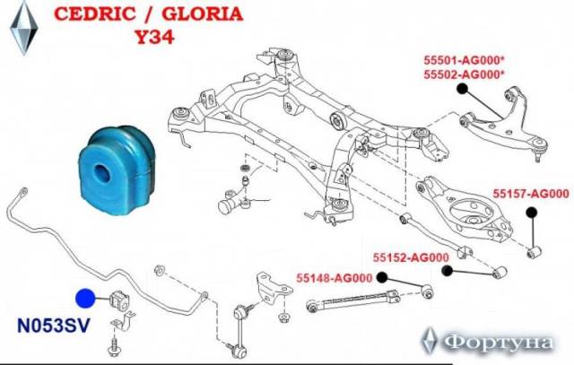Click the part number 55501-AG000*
464,59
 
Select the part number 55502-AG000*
464,74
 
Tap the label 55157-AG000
531,194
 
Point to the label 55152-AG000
411,257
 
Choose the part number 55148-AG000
335,278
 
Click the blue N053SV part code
54,326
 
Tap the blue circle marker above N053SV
85,299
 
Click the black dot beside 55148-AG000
382,277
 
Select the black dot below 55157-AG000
532,213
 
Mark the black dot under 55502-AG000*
463,88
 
